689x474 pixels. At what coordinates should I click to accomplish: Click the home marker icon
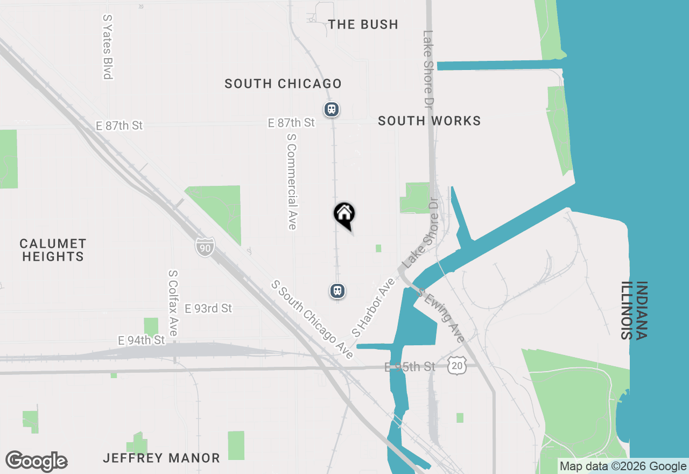coord(344,214)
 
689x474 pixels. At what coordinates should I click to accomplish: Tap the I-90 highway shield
coord(205,247)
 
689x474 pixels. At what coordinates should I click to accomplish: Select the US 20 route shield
coord(456,366)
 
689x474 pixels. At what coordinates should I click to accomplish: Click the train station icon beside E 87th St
coord(331,109)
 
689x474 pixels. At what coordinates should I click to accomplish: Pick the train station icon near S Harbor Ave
coord(338,291)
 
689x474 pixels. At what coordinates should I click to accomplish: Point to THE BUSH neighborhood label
coord(363,24)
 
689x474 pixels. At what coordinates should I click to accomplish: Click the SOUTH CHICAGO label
coord(283,83)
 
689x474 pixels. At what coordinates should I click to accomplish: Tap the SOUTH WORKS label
coord(429,121)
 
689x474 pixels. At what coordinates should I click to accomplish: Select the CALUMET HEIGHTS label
coord(53,250)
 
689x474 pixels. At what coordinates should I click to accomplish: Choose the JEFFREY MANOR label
coord(161,458)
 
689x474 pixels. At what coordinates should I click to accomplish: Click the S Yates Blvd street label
coord(108,47)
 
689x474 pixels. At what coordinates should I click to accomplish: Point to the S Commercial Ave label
coord(292,181)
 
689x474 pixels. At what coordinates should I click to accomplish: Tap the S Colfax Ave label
coord(173,303)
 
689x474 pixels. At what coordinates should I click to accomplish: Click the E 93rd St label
coord(208,309)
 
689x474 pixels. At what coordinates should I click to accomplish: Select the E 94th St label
coord(142,340)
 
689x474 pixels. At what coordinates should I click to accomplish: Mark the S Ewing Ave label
coord(441,316)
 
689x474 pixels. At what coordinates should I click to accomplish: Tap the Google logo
coord(36,462)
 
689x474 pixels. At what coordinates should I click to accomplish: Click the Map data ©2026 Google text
coord(623,466)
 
